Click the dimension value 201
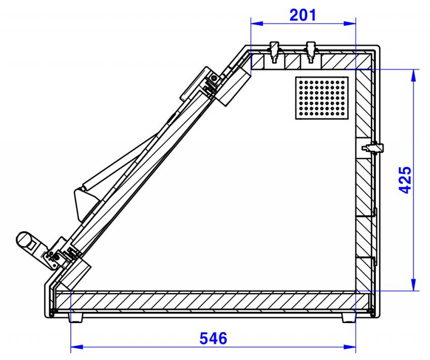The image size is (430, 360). click(x=303, y=15)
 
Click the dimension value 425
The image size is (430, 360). click(x=405, y=180)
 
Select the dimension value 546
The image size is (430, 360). click(x=213, y=338)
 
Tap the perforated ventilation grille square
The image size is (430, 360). click(x=322, y=98)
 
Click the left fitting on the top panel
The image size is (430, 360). click(x=274, y=52)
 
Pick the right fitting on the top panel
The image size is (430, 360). click(x=311, y=52)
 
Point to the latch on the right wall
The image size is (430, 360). click(x=373, y=148)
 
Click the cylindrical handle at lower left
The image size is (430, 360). click(x=26, y=240)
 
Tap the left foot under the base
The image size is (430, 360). click(x=75, y=318)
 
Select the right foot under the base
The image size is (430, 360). click(x=349, y=318)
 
